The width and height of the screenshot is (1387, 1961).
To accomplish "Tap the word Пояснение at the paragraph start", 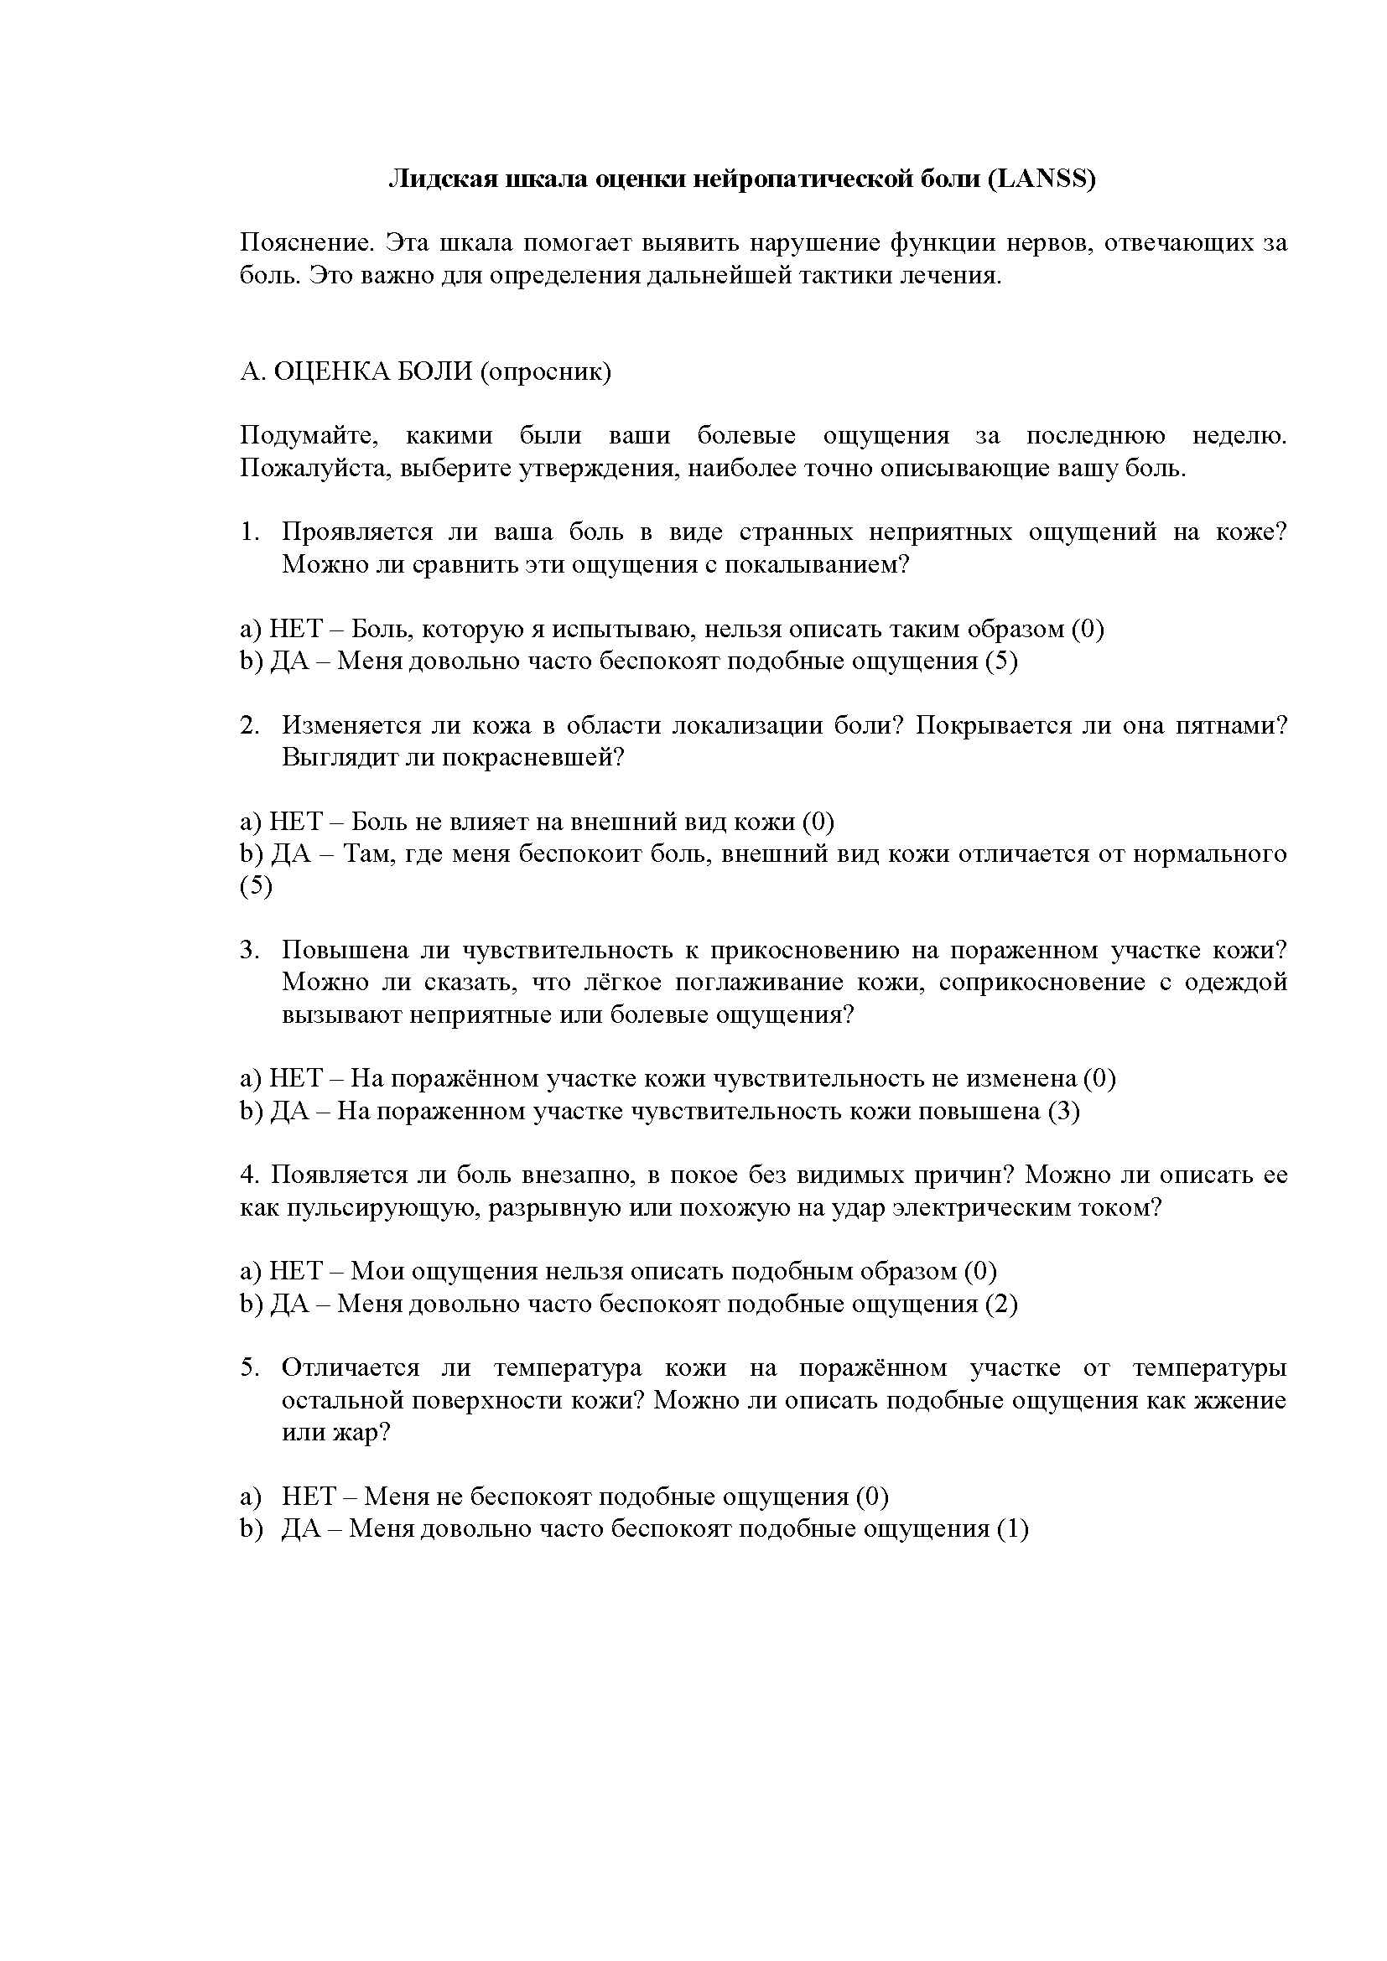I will (306, 243).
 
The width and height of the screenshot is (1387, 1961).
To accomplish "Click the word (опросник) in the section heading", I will (546, 372).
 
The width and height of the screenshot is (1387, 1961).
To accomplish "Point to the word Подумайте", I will (309, 436).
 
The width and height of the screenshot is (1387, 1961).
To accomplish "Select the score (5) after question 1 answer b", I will (1001, 661).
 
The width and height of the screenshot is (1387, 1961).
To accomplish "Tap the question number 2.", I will (249, 725).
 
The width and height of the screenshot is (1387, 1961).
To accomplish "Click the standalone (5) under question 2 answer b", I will (257, 886).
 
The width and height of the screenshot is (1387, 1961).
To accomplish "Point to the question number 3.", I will (249, 950).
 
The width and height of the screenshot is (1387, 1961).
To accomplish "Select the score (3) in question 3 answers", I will (1063, 1111).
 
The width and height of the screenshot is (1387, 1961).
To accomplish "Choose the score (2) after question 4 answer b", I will (1001, 1305).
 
